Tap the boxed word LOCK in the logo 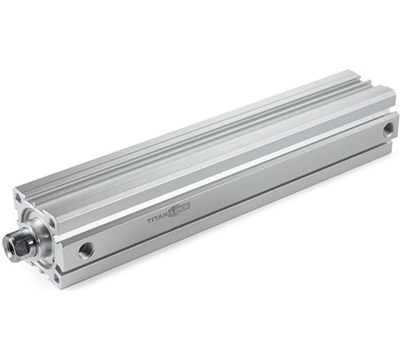click(179, 209)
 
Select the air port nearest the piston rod click(86, 249)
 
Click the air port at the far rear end click(388, 129)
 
